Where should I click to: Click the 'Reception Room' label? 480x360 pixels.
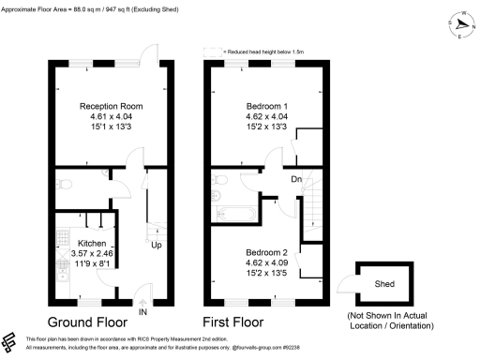click(111, 106)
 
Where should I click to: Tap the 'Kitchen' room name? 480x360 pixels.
click(67, 243)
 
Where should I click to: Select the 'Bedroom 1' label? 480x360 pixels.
click(266, 106)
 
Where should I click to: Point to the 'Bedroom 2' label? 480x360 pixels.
click(266, 253)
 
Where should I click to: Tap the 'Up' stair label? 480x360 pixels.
click(157, 246)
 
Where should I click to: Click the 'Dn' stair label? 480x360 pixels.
click(296, 179)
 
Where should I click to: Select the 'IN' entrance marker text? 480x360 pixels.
click(143, 312)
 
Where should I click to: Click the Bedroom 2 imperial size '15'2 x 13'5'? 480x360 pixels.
click(266, 273)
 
